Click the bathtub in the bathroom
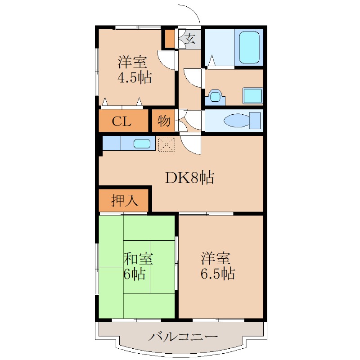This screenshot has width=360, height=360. (x=249, y=48)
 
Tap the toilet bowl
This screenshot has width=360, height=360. (x=234, y=121)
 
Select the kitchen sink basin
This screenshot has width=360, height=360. (x=142, y=144)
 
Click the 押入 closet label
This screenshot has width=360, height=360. (x=124, y=200)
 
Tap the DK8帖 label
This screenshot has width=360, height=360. (x=189, y=178)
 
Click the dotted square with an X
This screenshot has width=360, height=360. (x=166, y=144)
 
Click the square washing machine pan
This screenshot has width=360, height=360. (x=252, y=95)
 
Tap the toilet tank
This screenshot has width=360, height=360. (x=255, y=121)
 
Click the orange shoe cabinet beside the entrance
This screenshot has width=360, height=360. (x=170, y=39)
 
